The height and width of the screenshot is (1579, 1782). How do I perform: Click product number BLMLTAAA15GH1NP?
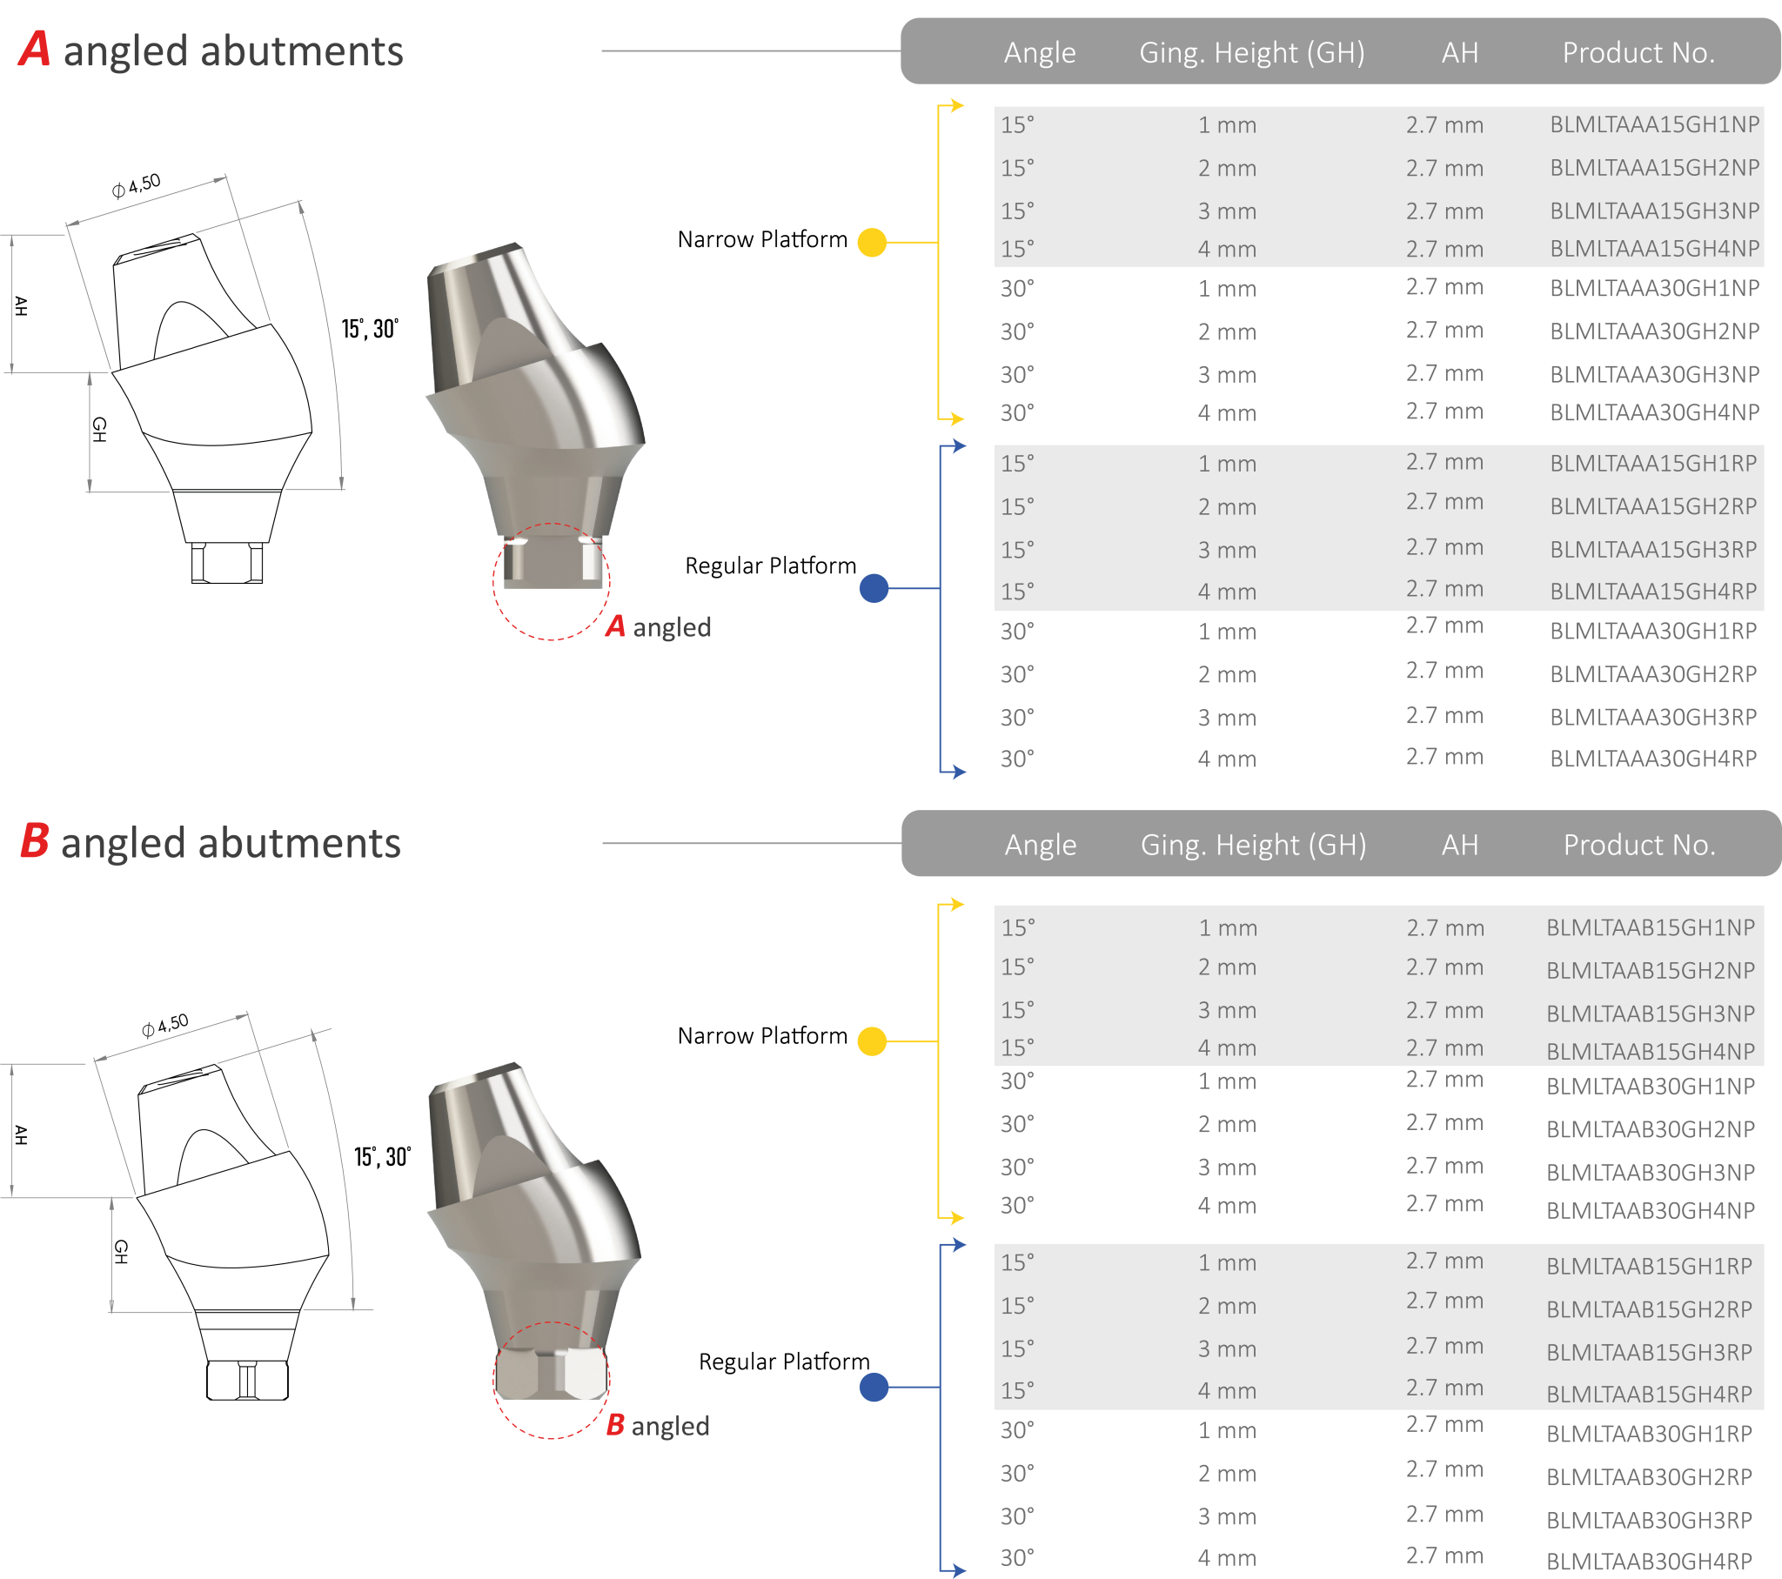pos(1654,124)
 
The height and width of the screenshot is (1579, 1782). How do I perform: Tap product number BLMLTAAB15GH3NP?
pos(1650,1014)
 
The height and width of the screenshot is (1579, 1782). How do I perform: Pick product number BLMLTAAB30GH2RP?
pos(1649,1477)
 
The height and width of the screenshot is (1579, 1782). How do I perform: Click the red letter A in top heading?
pos(35,50)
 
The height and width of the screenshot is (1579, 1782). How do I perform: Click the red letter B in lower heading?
pos(34,842)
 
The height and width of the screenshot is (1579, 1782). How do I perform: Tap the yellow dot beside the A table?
pos(872,243)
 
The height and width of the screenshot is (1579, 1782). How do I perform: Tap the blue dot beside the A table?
pos(874,588)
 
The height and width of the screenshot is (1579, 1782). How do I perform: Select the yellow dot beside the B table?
pos(872,1041)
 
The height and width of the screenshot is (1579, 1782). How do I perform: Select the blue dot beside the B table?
pos(874,1387)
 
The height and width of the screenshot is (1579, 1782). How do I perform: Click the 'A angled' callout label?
pos(658,627)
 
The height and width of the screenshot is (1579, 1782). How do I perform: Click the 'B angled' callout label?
pos(657,1426)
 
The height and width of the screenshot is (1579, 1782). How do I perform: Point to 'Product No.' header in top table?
pos(1638,52)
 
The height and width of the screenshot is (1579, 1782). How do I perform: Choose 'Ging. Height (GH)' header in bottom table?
pos(1253,844)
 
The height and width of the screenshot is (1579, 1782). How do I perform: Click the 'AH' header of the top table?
pos(1459,52)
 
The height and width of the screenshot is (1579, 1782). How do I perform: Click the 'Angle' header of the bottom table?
pos(1040,844)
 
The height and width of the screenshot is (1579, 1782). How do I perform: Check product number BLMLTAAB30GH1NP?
pos(1650,1086)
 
